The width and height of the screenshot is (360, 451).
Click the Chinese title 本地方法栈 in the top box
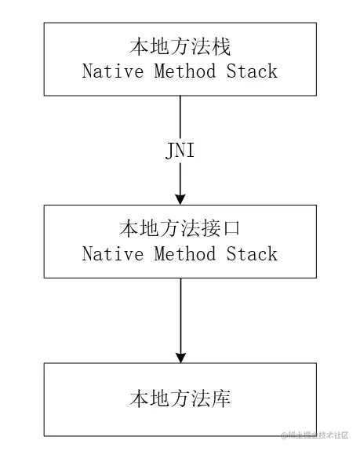point(180,47)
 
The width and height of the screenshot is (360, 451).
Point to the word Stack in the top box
point(253,71)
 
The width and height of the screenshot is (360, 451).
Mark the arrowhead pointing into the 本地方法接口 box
point(180,197)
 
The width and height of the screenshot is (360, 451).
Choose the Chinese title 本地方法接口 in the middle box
point(180,229)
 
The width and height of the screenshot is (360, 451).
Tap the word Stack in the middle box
point(253,254)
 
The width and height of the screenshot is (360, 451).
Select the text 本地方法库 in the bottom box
point(180,399)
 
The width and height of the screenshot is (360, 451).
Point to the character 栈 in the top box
point(221,47)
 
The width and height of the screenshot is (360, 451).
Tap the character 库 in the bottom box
point(221,399)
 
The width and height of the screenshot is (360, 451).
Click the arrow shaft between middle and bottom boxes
point(180,314)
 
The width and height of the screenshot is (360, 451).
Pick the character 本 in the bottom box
point(139,399)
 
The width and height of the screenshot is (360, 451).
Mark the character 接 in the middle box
point(211,229)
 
